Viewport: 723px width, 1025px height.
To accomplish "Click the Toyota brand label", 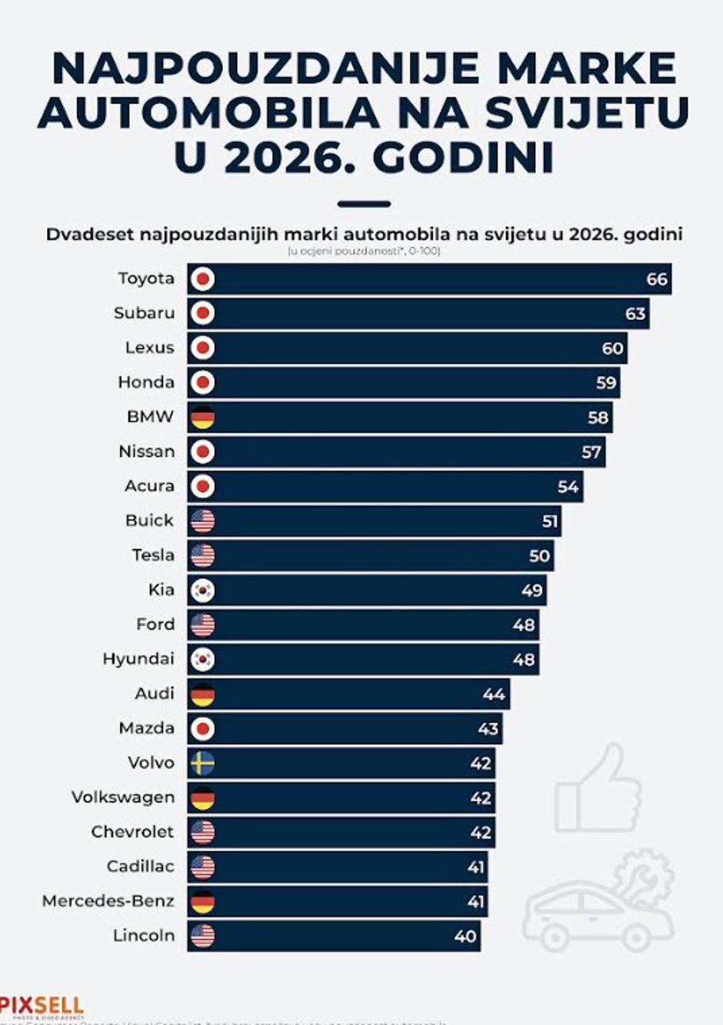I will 146,278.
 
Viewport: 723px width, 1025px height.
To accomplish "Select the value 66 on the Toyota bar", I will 657,279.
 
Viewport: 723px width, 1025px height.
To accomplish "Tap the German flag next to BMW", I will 202,417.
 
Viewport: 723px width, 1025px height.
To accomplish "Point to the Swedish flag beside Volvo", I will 202,763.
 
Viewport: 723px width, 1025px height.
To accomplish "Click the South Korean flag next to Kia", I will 202,590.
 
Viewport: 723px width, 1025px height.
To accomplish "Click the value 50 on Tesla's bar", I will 539,555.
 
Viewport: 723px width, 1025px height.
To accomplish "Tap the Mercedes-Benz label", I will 108,901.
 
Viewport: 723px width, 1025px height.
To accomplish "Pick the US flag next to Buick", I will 202,521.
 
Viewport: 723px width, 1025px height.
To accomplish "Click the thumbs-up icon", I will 598,788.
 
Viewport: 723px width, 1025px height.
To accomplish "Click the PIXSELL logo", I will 42,1006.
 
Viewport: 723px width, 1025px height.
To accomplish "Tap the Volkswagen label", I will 123,797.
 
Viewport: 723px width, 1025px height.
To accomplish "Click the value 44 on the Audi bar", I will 494,694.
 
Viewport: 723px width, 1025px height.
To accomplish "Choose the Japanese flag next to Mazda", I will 202,728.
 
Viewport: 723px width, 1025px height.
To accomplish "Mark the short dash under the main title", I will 364,205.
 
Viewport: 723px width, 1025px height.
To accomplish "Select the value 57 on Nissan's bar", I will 591,452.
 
